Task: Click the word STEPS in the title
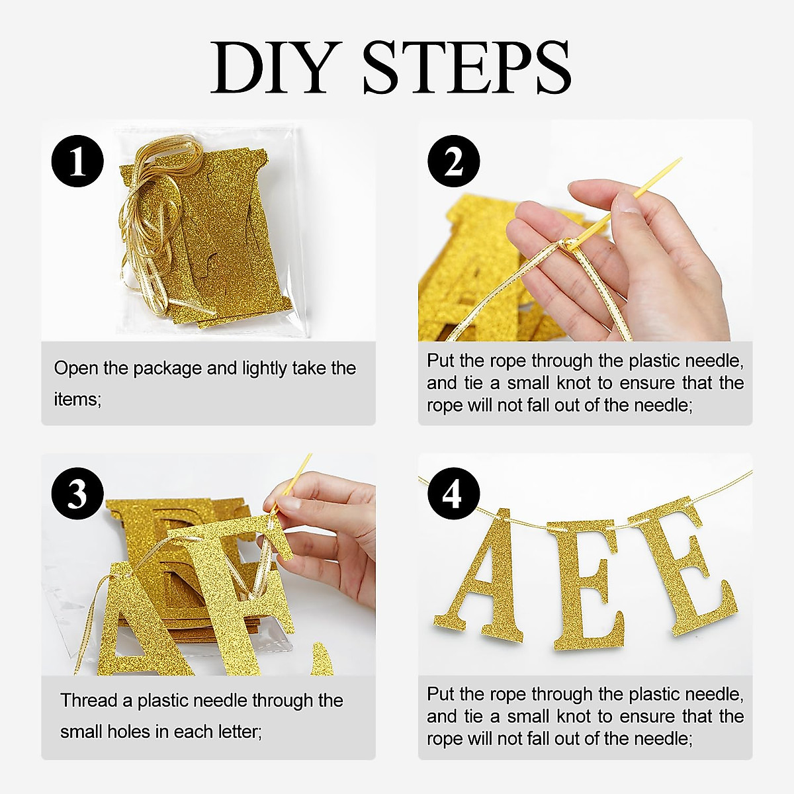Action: pyautogui.click(x=467, y=67)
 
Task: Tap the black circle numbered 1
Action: pyautogui.click(x=77, y=161)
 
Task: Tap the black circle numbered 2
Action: pyautogui.click(x=454, y=161)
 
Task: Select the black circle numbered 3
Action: pyautogui.click(x=77, y=494)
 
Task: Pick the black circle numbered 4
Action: pyautogui.click(x=454, y=494)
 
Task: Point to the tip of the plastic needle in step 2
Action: pyautogui.click(x=680, y=159)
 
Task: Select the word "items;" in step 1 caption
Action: pyautogui.click(x=78, y=399)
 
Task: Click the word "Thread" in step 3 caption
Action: pyautogui.click(x=89, y=700)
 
